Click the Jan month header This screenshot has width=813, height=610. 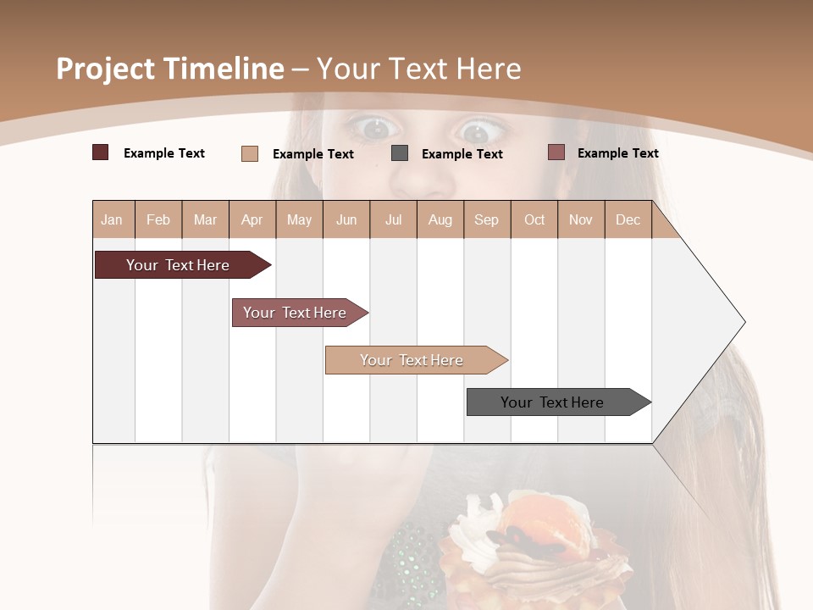pyautogui.click(x=112, y=219)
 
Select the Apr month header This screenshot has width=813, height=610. pyautogui.click(x=252, y=219)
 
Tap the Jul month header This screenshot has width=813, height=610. pyautogui.click(x=393, y=219)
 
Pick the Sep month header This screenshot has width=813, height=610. pyautogui.click(x=486, y=219)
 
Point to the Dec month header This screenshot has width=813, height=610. pyautogui.click(x=628, y=219)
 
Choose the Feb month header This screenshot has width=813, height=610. pyautogui.click(x=158, y=219)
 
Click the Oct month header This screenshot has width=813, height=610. pyautogui.click(x=534, y=219)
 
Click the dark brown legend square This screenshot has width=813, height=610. pyautogui.click(x=101, y=152)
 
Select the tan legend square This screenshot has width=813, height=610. pyautogui.click(x=250, y=153)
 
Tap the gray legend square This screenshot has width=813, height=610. pyautogui.click(x=400, y=153)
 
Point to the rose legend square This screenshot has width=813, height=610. pyautogui.click(x=556, y=152)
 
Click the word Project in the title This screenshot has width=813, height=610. pyautogui.click(x=106, y=69)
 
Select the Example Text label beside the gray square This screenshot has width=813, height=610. pyautogui.click(x=462, y=154)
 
